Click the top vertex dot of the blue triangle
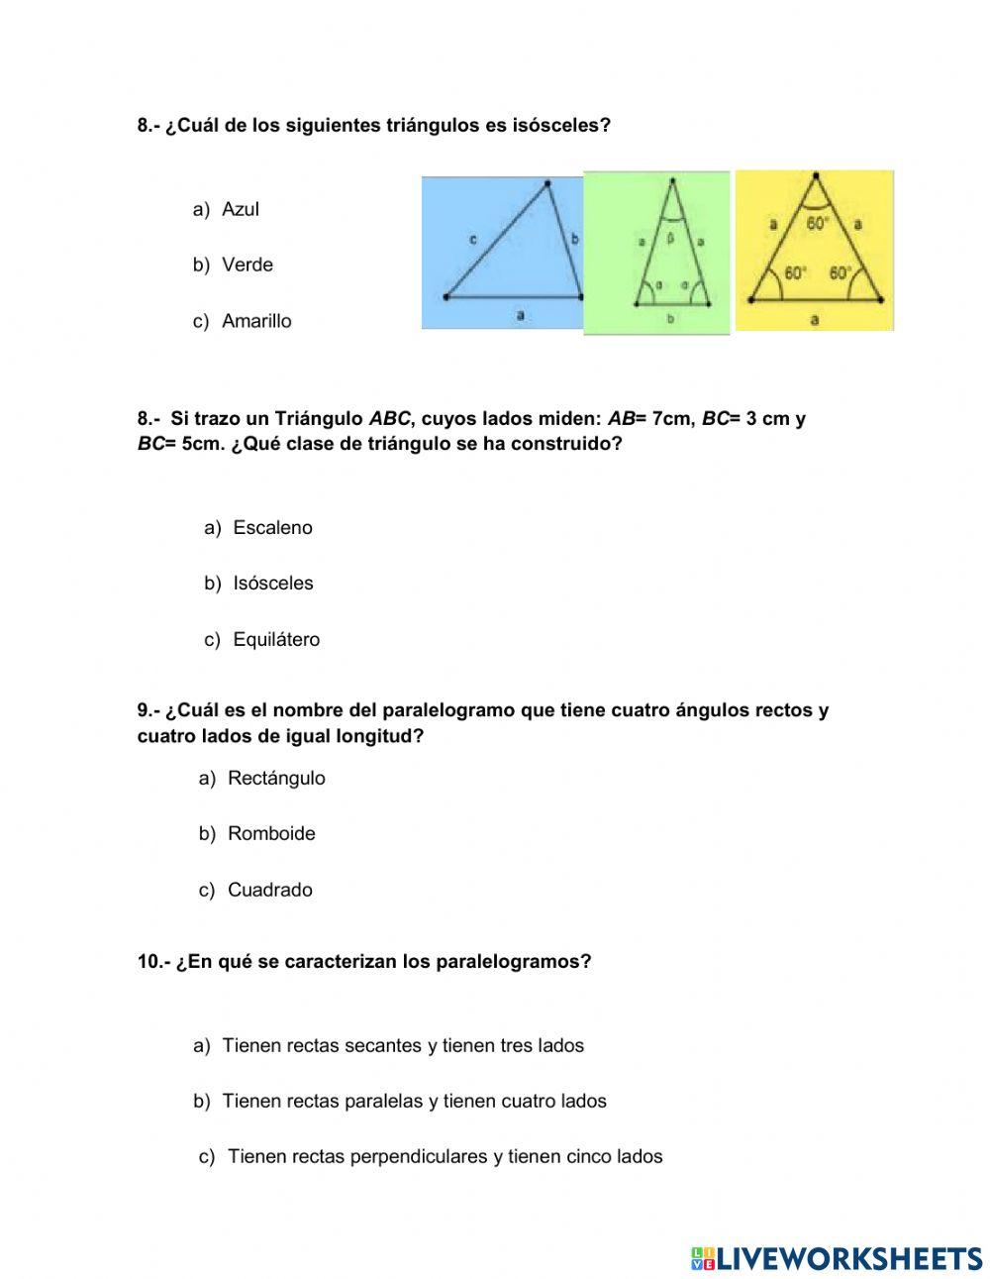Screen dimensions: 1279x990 [546, 182]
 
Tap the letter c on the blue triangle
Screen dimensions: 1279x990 [473, 239]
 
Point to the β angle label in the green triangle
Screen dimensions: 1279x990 [670, 238]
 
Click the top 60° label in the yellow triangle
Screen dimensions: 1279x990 [817, 224]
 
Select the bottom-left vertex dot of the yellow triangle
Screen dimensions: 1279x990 [751, 298]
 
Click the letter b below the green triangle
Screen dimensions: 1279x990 [671, 319]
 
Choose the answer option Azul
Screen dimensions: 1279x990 [241, 209]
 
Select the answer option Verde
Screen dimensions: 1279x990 [247, 265]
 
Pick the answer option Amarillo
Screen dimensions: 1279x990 [256, 321]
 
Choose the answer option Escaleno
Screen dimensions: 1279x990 [272, 528]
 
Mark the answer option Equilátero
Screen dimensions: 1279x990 [276, 640]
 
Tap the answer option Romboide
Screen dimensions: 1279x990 [271, 833]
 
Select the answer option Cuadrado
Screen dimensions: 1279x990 [269, 890]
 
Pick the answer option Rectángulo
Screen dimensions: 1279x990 [276, 778]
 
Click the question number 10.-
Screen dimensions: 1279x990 [154, 962]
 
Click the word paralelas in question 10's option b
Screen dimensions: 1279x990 [383, 1101]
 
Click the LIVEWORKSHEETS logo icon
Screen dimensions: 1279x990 [703, 1258]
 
